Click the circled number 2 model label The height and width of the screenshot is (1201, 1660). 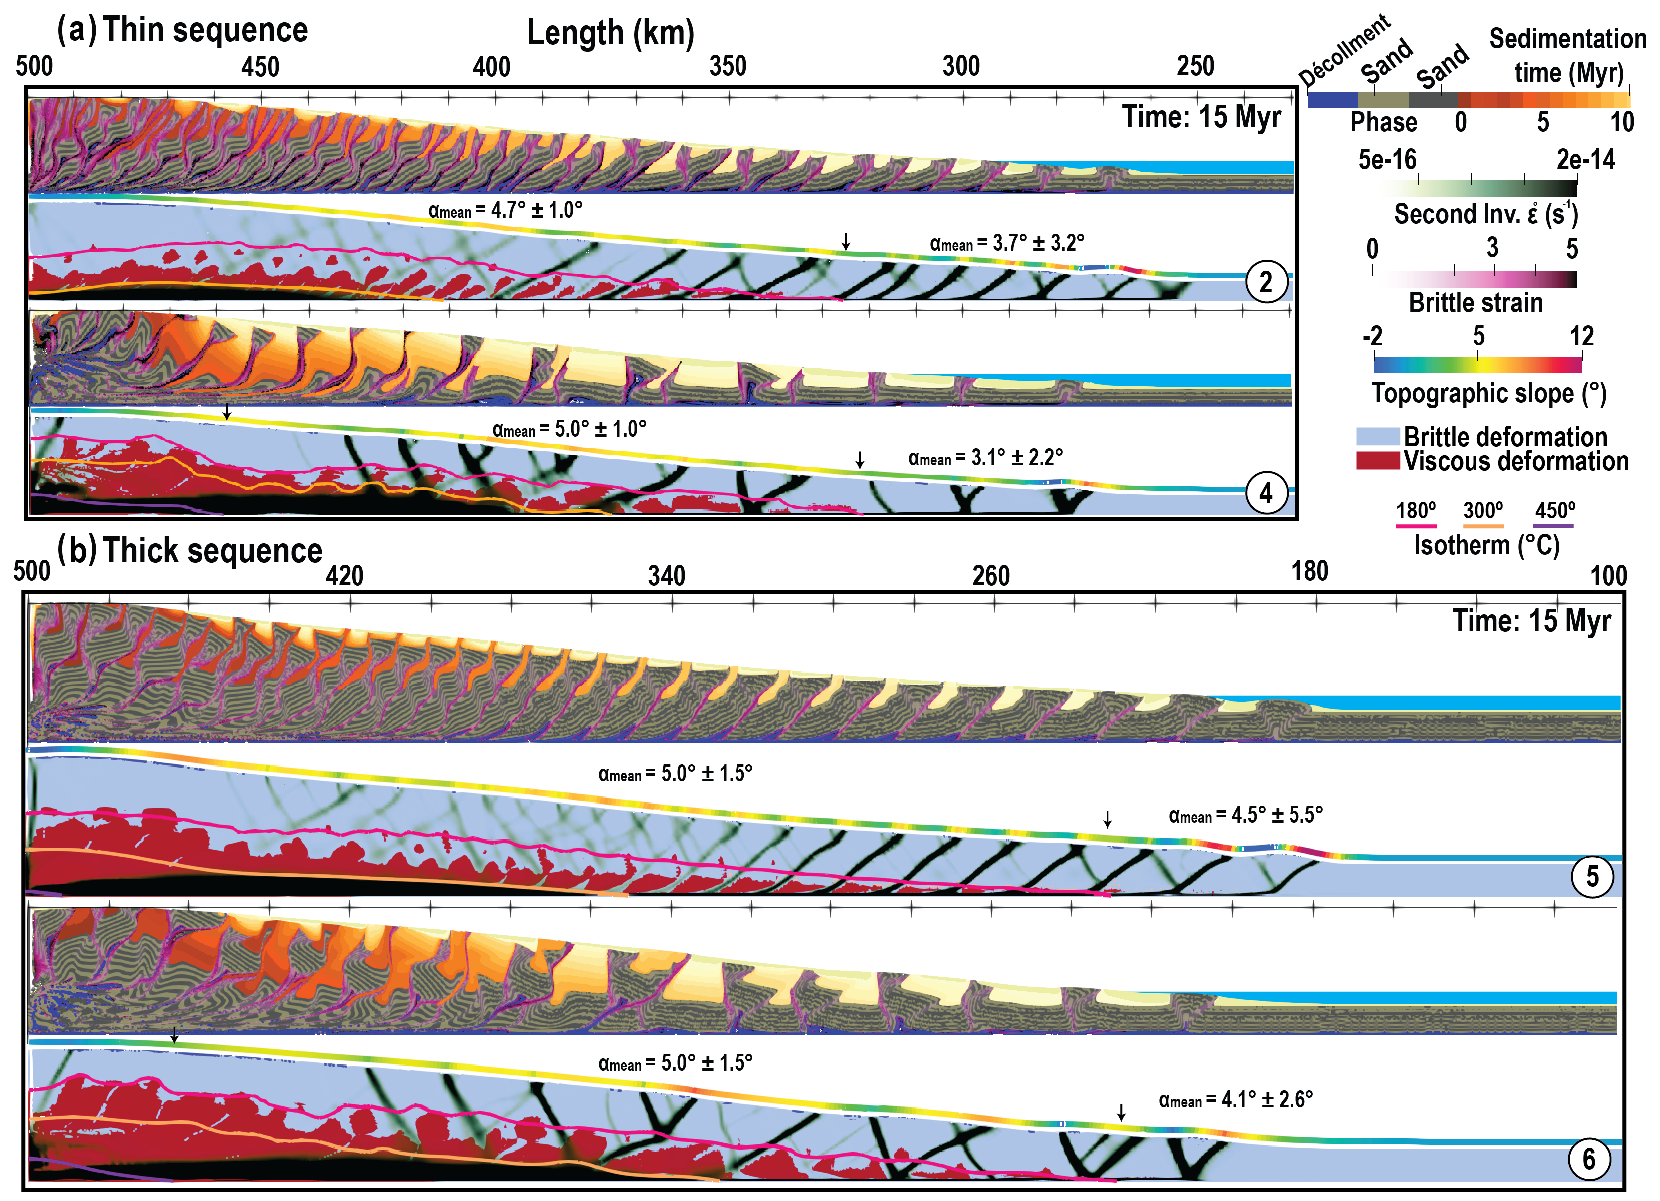pos(1266,282)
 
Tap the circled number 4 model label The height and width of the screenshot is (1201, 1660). pos(1266,493)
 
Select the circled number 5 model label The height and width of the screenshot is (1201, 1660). pos(1592,876)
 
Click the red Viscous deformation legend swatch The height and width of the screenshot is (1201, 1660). pos(1377,461)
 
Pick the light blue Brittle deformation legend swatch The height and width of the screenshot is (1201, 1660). pos(1377,437)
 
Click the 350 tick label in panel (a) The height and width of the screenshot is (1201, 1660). pos(728,67)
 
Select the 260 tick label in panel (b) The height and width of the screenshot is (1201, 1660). pos(990,576)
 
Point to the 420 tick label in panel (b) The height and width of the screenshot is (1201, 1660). pos(344,576)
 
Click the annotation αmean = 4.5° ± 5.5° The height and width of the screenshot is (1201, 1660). pos(1246,815)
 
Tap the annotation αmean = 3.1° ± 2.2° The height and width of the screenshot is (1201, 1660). pos(985,458)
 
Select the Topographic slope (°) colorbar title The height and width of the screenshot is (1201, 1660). pos(1489,394)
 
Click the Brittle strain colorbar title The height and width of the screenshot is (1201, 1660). pos(1476,302)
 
